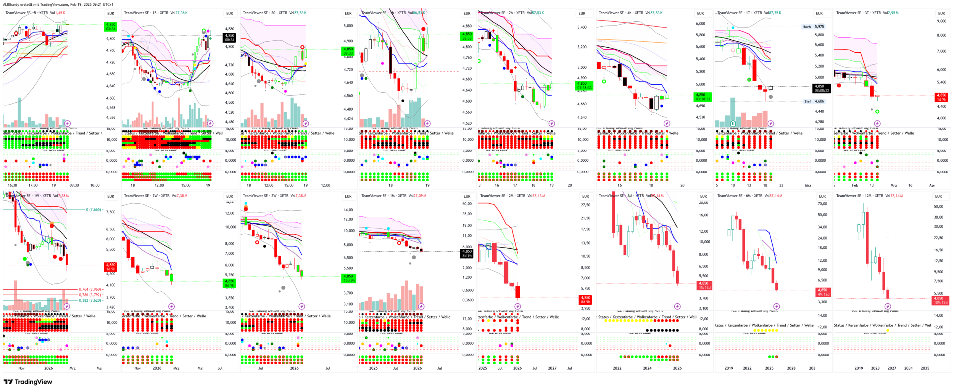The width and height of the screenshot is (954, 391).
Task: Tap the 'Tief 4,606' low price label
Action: [x=814, y=101]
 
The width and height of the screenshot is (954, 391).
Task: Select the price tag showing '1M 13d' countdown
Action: [x=704, y=285]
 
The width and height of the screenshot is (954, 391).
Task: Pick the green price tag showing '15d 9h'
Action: [x=348, y=278]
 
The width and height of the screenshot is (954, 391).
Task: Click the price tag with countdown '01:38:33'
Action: [x=584, y=85]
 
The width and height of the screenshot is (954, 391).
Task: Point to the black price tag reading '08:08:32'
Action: [x=821, y=88]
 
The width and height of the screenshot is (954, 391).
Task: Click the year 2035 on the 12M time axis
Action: [x=925, y=368]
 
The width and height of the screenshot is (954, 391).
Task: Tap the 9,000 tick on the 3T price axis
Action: [x=941, y=21]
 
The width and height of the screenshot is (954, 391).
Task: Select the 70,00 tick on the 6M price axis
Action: [x=822, y=204]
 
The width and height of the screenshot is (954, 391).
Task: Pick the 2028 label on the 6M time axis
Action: [x=791, y=368]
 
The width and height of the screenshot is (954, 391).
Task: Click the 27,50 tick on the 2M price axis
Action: [x=585, y=205]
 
